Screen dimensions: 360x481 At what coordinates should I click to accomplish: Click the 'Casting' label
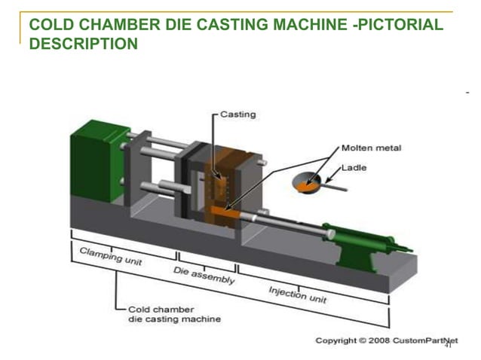click(x=238, y=114)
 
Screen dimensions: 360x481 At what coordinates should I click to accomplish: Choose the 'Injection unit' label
click(x=299, y=294)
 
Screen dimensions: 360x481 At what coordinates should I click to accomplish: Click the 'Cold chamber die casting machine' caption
click(x=174, y=314)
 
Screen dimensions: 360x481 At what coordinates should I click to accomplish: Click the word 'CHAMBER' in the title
click(x=110, y=26)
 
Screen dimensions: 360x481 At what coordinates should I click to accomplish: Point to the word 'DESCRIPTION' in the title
click(x=83, y=44)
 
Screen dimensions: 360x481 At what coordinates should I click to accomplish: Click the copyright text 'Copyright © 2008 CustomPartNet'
click(x=380, y=341)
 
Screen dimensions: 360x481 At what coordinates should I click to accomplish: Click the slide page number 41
click(x=448, y=346)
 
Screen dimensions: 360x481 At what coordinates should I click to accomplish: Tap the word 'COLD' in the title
click(x=49, y=26)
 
